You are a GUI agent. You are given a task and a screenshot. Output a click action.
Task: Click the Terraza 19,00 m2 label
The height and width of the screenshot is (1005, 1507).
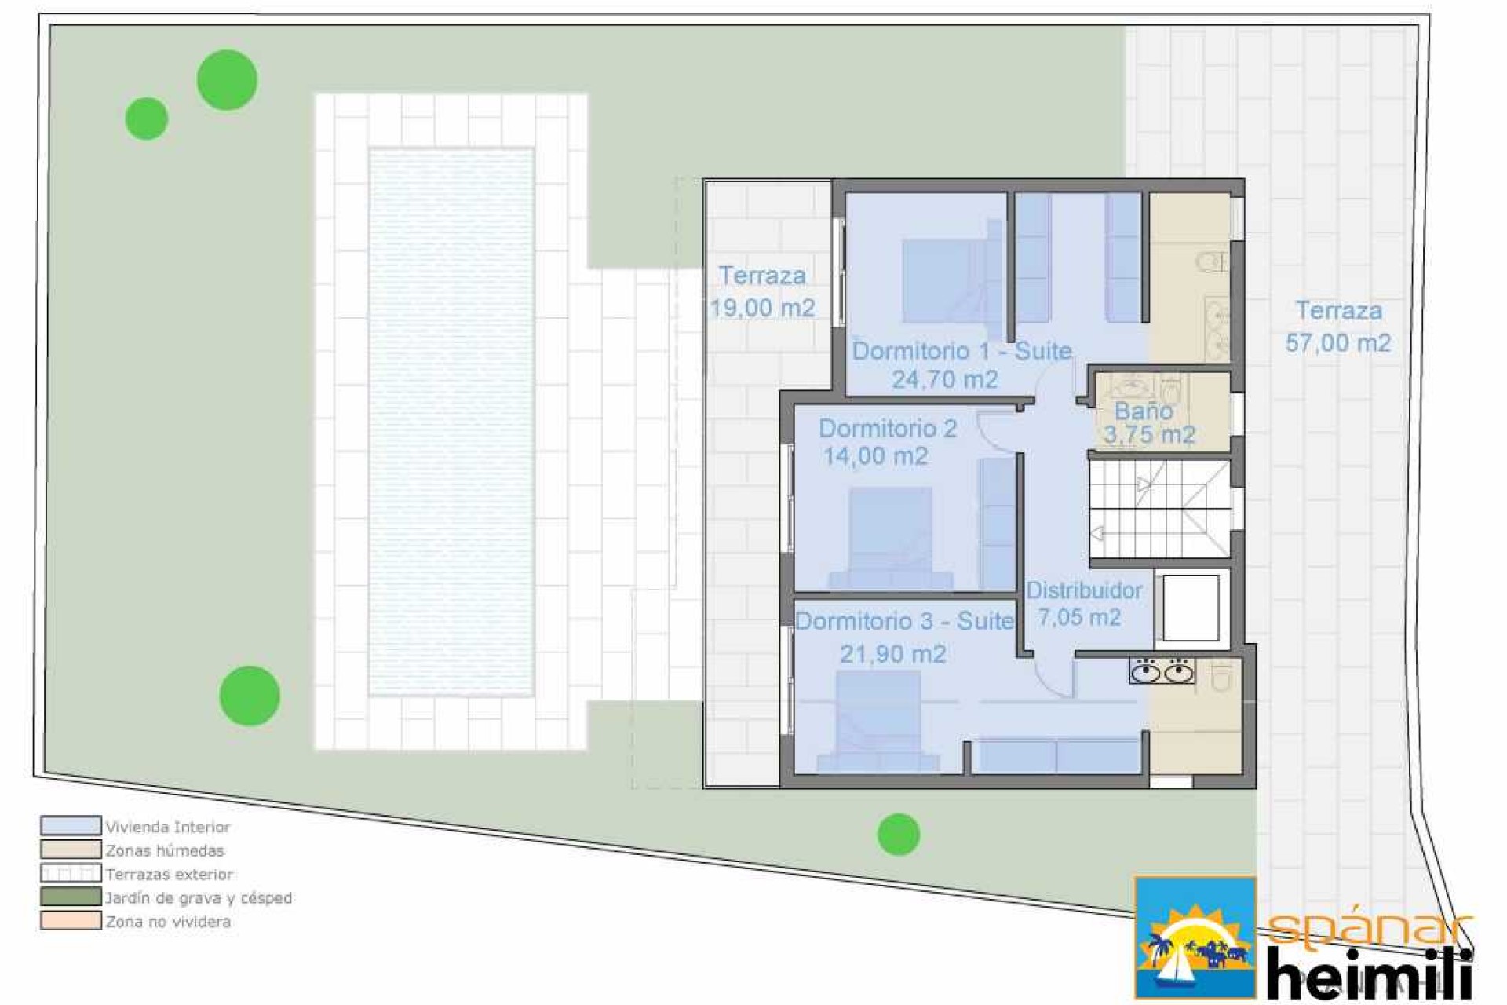(x=762, y=291)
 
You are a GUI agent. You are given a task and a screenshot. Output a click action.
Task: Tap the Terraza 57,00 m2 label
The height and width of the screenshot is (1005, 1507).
(x=1338, y=326)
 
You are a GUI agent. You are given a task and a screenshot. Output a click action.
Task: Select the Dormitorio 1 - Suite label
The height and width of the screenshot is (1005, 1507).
(x=961, y=351)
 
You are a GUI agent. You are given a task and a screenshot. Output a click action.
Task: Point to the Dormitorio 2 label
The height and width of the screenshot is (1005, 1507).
(x=888, y=428)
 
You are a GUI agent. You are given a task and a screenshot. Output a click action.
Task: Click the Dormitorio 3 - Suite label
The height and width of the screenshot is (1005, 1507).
(x=904, y=621)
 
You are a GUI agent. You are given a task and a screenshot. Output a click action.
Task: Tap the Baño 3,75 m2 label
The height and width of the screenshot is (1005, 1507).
(x=1148, y=422)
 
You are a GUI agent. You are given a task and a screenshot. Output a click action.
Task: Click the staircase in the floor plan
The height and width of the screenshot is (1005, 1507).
(x=1159, y=510)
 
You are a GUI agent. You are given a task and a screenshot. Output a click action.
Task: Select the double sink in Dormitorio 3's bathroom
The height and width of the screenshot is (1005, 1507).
(x=1162, y=671)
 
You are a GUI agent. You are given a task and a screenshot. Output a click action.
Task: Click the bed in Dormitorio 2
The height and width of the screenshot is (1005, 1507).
(x=891, y=539)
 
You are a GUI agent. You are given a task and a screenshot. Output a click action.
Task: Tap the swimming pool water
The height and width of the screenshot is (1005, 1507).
(x=451, y=422)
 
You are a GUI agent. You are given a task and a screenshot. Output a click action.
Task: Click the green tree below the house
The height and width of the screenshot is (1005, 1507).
(x=898, y=834)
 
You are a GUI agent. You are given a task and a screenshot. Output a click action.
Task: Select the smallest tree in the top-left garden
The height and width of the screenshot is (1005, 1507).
(x=147, y=119)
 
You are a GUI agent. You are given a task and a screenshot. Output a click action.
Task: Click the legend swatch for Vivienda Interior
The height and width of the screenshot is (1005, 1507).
(x=71, y=826)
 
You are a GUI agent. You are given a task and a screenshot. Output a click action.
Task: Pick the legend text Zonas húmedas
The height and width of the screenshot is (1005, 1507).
(x=165, y=850)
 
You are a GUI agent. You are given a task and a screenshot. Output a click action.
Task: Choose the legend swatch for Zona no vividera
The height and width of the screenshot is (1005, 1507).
(x=71, y=920)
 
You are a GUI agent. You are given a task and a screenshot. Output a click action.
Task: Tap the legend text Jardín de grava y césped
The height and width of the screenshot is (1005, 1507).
(x=199, y=897)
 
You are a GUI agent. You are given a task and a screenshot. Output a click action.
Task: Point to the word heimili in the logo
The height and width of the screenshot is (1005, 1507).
(x=1369, y=971)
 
